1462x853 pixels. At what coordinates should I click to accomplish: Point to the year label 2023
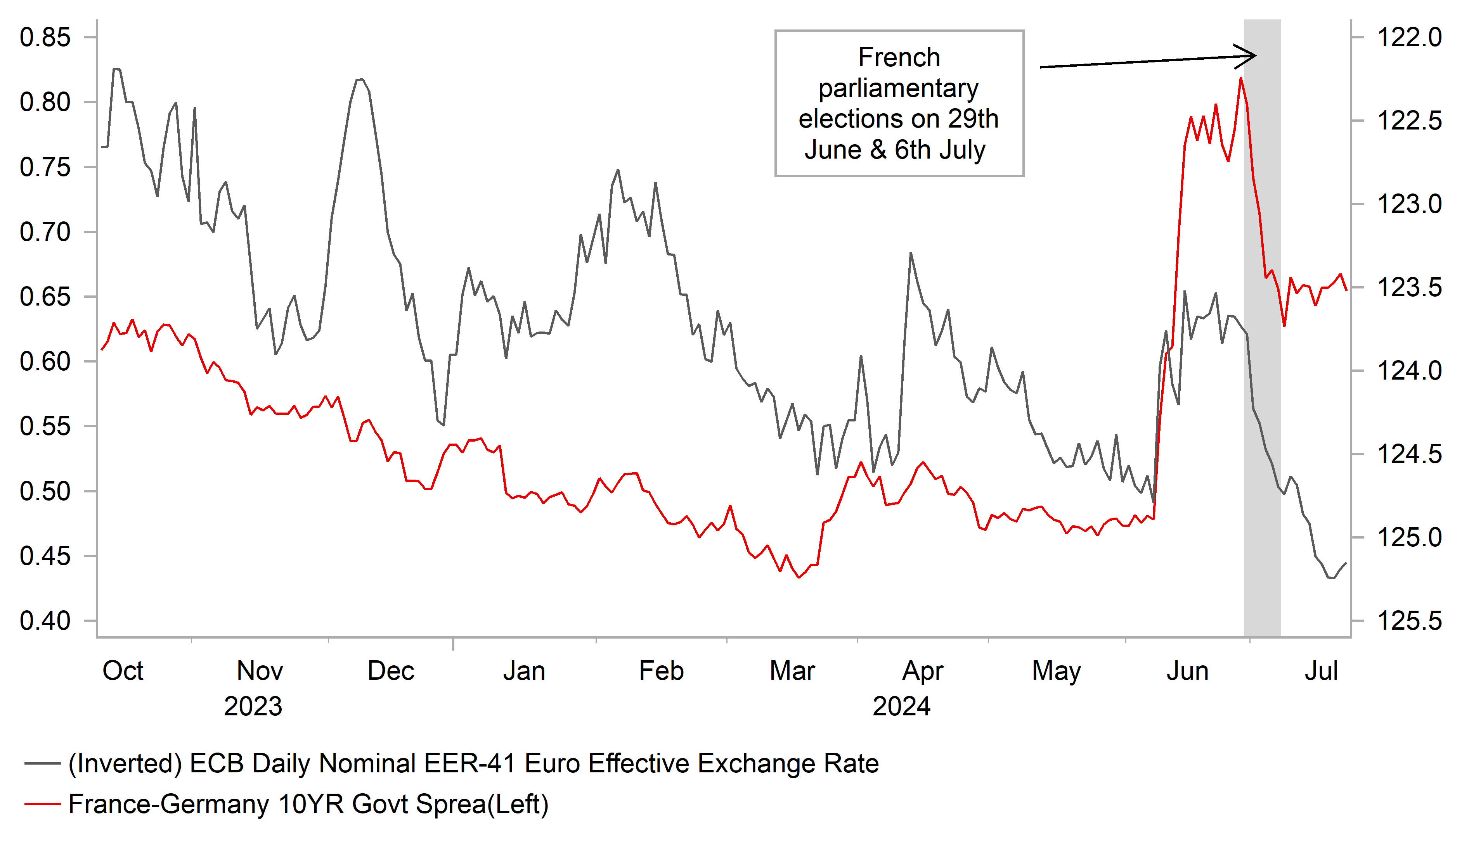pyautogui.click(x=253, y=707)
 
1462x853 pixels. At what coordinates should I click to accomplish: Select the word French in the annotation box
pyautogui.click(x=899, y=57)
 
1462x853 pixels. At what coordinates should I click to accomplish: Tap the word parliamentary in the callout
pyautogui.click(x=899, y=88)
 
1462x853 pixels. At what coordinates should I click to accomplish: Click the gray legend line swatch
pyautogui.click(x=42, y=764)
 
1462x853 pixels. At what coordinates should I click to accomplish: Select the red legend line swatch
pyautogui.click(x=42, y=804)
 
